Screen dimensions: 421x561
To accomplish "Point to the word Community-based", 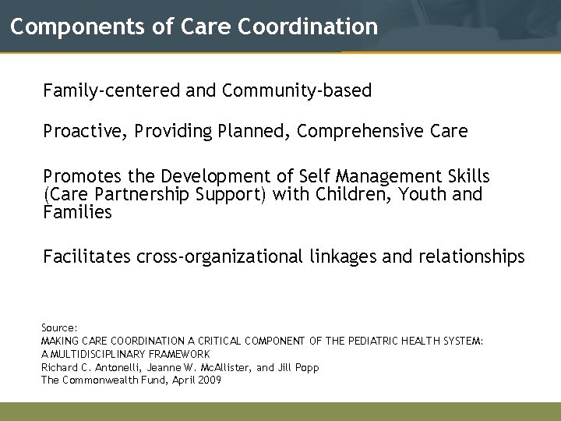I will click(297, 91).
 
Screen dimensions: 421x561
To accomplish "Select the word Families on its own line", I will click(78, 211).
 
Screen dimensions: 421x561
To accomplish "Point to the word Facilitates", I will click(86, 256).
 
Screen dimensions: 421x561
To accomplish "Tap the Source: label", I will click(59, 329).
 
